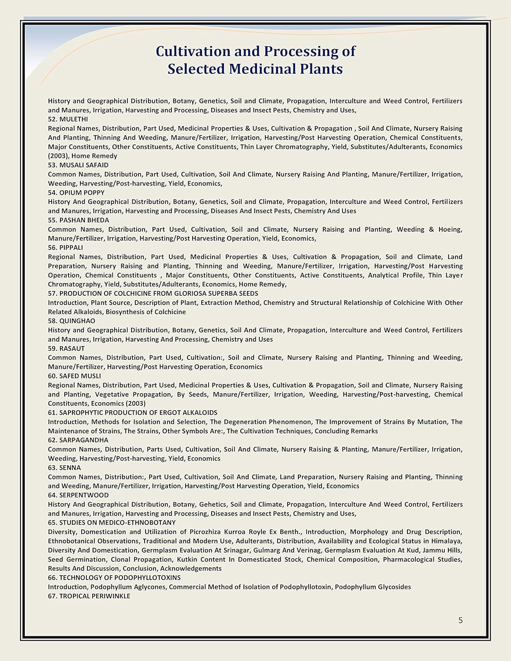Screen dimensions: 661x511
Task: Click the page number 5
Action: (461, 620)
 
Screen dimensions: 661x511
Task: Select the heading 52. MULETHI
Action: (68, 119)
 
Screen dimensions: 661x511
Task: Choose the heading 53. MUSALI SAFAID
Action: (78, 165)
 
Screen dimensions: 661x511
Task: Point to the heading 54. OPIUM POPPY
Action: (76, 193)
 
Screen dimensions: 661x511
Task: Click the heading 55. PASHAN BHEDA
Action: (78, 220)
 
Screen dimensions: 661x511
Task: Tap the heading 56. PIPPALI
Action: (65, 248)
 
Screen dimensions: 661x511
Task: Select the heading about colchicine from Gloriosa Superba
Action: (153, 293)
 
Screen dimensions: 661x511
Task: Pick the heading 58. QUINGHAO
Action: (71, 321)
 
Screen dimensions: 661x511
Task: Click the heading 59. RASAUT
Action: (66, 349)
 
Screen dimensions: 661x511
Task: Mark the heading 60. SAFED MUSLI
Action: (75, 376)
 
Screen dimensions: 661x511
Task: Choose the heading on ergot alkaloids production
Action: (133, 413)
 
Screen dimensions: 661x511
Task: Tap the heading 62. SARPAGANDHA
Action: (78, 440)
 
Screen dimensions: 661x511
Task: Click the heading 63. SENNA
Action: (64, 468)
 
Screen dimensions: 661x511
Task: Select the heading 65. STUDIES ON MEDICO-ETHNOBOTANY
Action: (112, 523)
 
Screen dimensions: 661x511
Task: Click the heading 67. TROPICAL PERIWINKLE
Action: (89, 596)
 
